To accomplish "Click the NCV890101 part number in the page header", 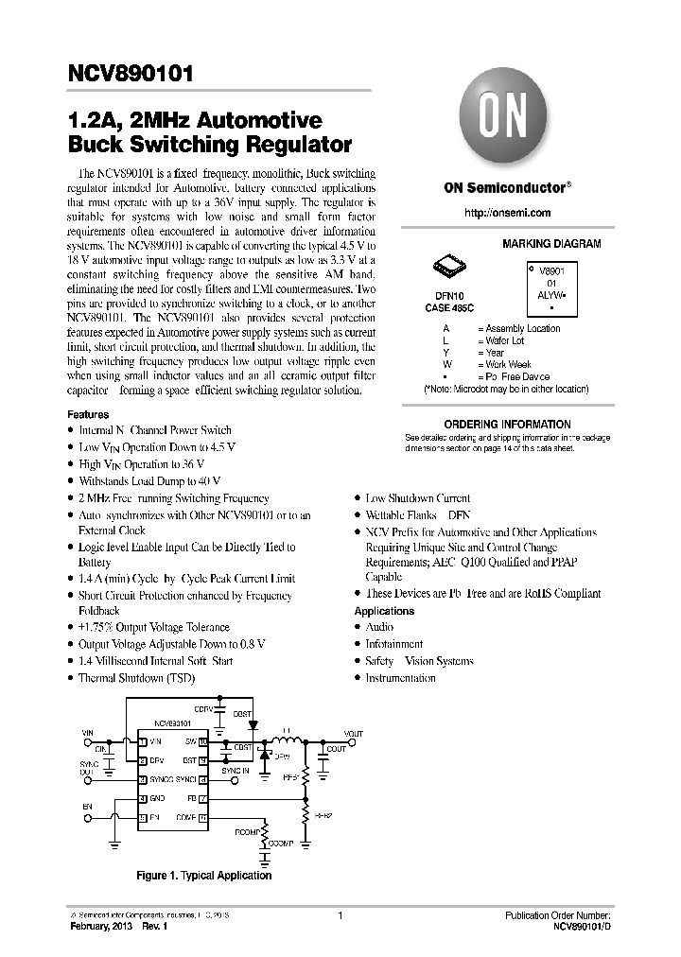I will (131, 73).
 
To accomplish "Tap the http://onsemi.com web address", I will (508, 214).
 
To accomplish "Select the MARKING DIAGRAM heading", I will (551, 244).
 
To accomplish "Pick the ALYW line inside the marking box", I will (551, 294).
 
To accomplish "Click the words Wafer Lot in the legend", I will (504, 340).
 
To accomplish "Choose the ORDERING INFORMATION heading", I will (508, 425).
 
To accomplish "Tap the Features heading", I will (88, 414).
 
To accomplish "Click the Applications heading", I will (384, 611).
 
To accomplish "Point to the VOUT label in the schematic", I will (353, 734).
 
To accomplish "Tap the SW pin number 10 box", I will (202, 742).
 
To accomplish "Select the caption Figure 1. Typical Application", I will (204, 876).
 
